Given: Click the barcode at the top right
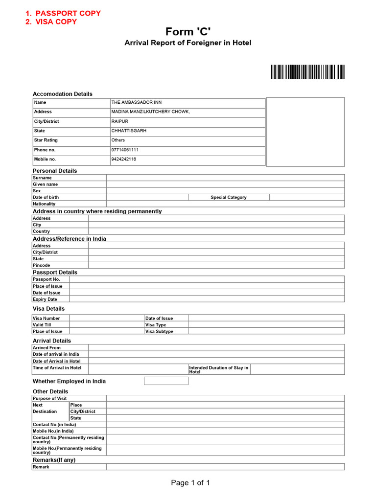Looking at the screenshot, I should (x=307, y=72).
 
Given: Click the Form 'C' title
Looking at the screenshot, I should (x=188, y=32).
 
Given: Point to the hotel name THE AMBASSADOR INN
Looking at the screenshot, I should (x=137, y=103).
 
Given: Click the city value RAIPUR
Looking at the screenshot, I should (x=120, y=121).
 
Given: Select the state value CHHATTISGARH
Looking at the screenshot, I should (x=129, y=131).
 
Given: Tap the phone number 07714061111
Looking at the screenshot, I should (x=125, y=150).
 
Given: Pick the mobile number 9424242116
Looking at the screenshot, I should (x=124, y=159).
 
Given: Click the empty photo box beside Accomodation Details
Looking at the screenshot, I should (x=305, y=132).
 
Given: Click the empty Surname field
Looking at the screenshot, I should (x=225, y=178).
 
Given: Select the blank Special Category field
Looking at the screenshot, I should (x=306, y=197).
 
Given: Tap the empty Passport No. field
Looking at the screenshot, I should (x=207, y=279).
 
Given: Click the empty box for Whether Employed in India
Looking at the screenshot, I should (x=165, y=381).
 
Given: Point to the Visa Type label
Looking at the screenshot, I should (x=156, y=325).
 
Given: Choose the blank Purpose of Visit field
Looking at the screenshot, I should (x=225, y=398).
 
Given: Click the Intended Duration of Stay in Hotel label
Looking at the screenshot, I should (x=218, y=369).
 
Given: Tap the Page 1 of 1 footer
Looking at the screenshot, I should (x=190, y=483).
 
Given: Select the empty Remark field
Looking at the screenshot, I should (x=225, y=467).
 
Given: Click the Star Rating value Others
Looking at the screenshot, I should (x=118, y=140).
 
